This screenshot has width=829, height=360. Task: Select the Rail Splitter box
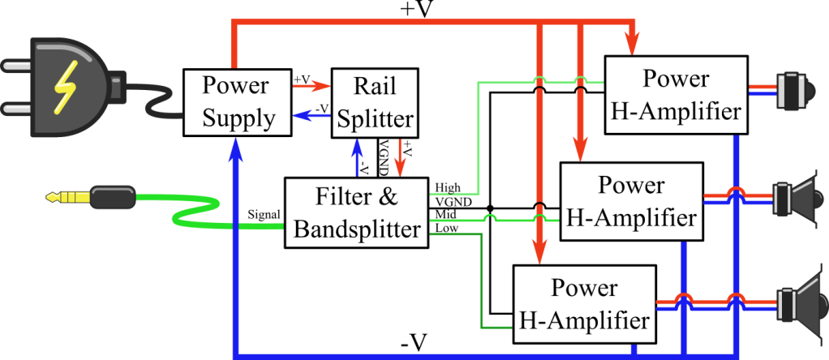point(376,101)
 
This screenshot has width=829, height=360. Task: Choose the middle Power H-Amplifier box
point(631,200)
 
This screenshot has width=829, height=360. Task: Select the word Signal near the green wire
point(264,214)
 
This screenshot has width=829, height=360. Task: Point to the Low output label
point(446,228)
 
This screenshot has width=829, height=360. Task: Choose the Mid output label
point(446,215)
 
